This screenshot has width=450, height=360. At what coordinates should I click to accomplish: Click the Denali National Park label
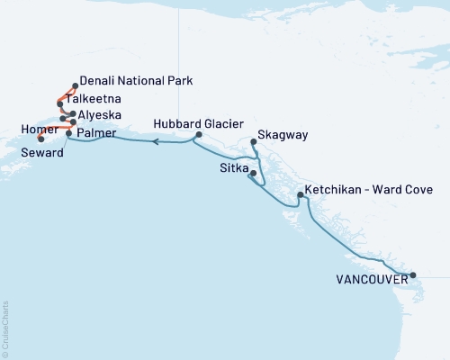point(135,80)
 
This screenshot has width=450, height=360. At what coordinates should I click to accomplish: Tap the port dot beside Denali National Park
point(75,86)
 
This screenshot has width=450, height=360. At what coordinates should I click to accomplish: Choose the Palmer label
point(96,133)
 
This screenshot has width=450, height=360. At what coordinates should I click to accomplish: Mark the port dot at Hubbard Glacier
point(199,136)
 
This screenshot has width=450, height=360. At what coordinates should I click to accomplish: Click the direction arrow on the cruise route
point(156,141)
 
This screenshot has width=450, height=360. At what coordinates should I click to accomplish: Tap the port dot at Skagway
point(253,141)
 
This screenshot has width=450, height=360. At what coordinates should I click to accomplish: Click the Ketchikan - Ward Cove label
point(369,190)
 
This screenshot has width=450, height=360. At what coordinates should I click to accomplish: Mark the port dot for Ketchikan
point(301,195)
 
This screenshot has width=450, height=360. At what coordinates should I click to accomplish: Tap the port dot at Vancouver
point(412,275)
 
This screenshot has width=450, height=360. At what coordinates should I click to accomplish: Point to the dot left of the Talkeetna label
point(59,103)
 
